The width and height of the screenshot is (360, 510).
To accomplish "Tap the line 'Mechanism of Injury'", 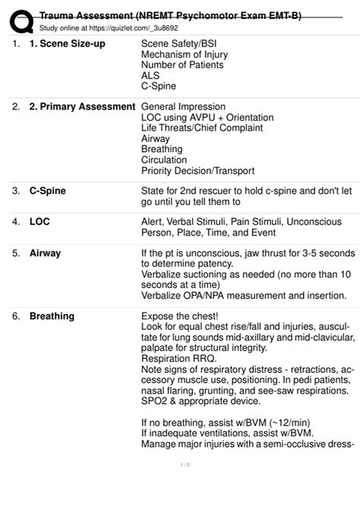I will click(x=184, y=55).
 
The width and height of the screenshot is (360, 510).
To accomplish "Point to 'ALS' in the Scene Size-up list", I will click(x=150, y=76).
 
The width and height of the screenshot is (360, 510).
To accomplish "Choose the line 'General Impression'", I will click(x=183, y=107).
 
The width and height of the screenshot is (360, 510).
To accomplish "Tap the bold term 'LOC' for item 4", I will click(x=39, y=221).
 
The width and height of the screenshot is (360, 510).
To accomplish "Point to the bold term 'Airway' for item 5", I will click(x=45, y=252).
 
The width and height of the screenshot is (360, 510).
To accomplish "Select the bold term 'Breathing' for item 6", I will click(x=52, y=315).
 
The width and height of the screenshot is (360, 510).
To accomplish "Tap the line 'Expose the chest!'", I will click(x=180, y=315).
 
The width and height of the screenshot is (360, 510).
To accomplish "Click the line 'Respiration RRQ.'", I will click(x=178, y=358).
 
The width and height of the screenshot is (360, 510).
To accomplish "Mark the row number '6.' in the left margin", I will click(x=15, y=315).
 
